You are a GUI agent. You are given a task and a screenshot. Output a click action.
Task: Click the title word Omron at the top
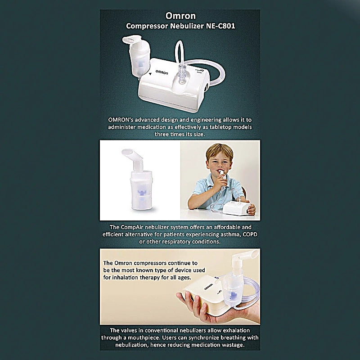180,16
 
